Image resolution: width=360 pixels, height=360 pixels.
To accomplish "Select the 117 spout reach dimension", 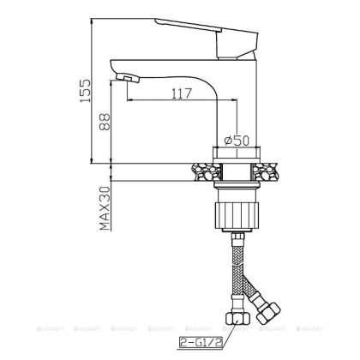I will (179, 92).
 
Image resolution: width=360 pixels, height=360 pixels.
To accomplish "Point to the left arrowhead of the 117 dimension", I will (129, 100).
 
